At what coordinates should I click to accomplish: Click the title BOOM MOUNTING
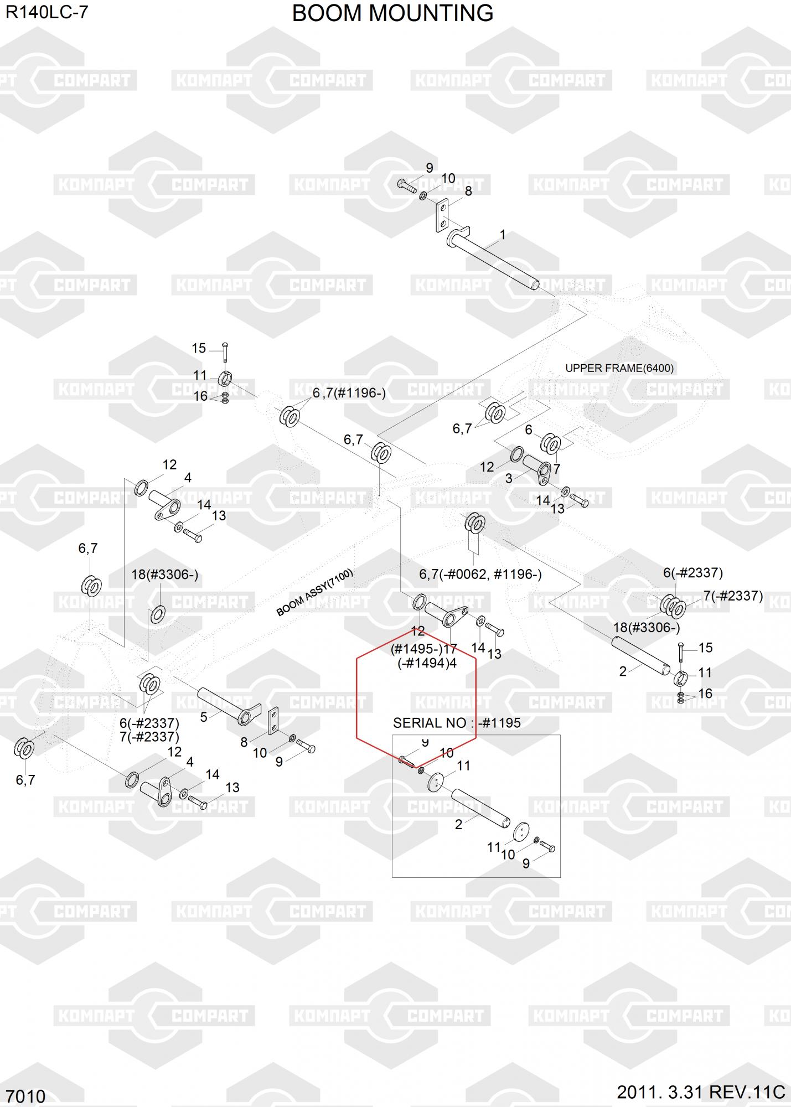tap(392, 13)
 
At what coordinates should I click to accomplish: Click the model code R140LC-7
tap(47, 12)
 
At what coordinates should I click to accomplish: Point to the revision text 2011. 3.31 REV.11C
tap(701, 1092)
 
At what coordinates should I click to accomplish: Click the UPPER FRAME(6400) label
tap(619, 368)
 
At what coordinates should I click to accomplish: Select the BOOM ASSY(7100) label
tap(314, 592)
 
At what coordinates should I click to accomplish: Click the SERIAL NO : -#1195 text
tap(457, 722)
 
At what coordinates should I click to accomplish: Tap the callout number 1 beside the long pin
tap(503, 235)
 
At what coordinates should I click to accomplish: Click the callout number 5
tap(204, 717)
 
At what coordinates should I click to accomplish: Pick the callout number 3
tap(509, 478)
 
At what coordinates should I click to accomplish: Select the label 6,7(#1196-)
tap(349, 393)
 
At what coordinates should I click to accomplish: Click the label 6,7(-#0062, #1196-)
tap(480, 574)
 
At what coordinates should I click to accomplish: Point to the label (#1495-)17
tap(424, 649)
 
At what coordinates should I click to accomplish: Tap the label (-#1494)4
tap(427, 663)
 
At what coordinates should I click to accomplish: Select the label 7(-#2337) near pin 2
tap(733, 596)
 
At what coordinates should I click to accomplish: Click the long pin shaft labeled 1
tap(492, 260)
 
